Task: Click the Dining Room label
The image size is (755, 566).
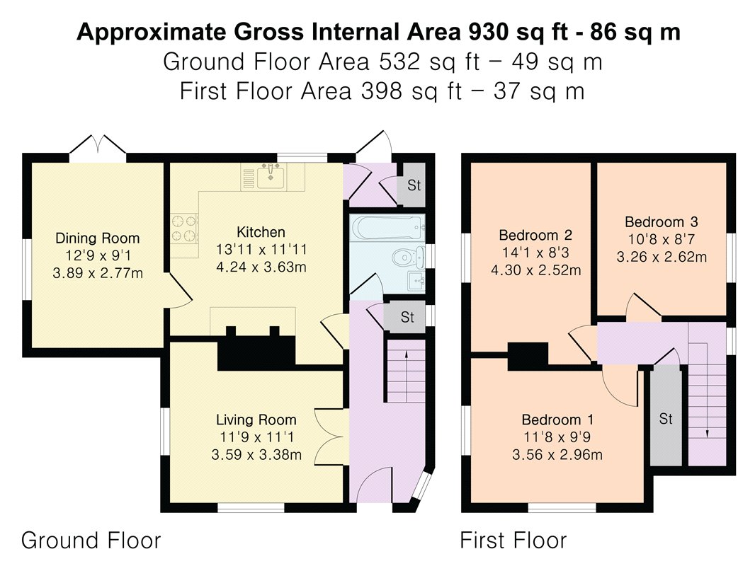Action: pyautogui.click(x=97, y=238)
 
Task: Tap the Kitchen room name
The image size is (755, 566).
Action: pyautogui.click(x=261, y=232)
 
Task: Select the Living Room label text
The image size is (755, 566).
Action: pyautogui.click(x=256, y=420)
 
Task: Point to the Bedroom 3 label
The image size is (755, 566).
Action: pyautogui.click(x=662, y=221)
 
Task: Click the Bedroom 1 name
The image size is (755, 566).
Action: pyautogui.click(x=557, y=420)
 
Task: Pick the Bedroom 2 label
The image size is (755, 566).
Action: pyautogui.click(x=535, y=235)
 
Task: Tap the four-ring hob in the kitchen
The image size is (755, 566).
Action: pyautogui.click(x=184, y=227)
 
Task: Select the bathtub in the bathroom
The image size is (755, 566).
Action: pyautogui.click(x=388, y=227)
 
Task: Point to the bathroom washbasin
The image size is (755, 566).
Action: pyautogui.click(x=416, y=281)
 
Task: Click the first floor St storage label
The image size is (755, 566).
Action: pyautogui.click(x=666, y=419)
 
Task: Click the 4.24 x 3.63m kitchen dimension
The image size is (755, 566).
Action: pyautogui.click(x=261, y=267)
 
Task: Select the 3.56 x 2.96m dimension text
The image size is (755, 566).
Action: pyautogui.click(x=557, y=454)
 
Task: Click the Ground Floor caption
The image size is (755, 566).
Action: pyautogui.click(x=91, y=540)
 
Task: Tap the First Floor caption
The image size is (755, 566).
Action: pyautogui.click(x=513, y=540)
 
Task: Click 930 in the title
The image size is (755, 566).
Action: pyautogui.click(x=488, y=33)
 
